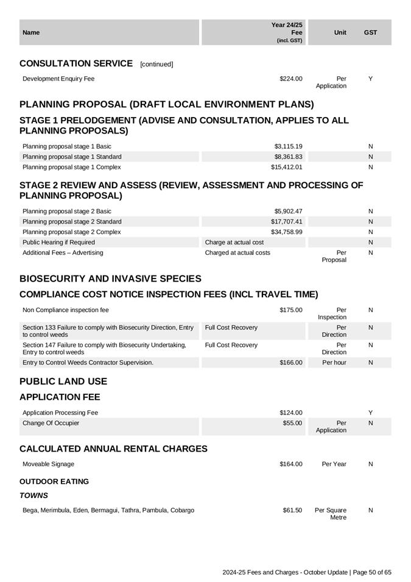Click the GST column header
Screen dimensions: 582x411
tap(370, 32)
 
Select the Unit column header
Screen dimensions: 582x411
tap(340, 32)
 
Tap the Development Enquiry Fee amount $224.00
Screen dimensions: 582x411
tap(290, 79)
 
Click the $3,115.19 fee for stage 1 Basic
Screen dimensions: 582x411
tap(288, 146)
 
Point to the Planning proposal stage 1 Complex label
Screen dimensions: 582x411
tap(71, 167)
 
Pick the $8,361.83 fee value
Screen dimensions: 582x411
tap(288, 157)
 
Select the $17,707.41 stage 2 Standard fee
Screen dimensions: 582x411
tap(286, 221)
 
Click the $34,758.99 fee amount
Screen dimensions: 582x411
tap(286, 232)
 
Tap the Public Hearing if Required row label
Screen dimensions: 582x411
tap(58, 242)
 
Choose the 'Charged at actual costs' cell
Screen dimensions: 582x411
tap(237, 252)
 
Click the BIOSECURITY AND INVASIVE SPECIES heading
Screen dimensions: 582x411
tap(110, 279)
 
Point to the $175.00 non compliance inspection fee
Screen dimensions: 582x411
tap(290, 310)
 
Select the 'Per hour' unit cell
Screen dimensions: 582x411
tap(334, 363)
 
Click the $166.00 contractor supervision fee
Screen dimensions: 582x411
tap(290, 363)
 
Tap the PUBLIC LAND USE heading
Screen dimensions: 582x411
tap(63, 381)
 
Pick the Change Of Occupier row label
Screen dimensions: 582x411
tap(51, 423)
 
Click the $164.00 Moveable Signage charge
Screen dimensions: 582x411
tap(290, 464)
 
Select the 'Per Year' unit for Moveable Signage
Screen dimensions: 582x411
tap(334, 464)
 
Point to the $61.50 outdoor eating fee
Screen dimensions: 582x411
tap(292, 510)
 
